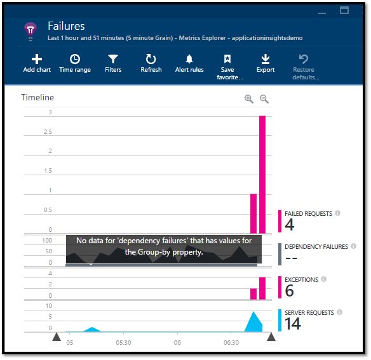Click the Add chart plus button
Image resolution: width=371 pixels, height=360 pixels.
coord(37,59)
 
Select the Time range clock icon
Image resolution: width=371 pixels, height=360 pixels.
coord(75,59)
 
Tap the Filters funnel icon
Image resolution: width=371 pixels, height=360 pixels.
coord(113,59)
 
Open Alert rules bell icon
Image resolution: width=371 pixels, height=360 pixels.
coord(189,59)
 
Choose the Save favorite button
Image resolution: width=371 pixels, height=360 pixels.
coord(227,59)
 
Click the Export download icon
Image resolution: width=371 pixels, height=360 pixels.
coord(266,59)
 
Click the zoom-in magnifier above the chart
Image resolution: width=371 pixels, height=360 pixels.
coord(249,99)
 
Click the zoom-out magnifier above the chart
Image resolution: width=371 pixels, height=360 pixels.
coord(264,99)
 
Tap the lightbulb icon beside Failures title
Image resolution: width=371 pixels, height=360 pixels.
coord(30,30)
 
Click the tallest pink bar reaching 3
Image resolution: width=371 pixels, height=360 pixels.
coord(262,175)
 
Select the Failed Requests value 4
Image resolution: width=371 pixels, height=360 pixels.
coord(290,225)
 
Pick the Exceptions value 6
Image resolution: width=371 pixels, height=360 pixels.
coord(290,290)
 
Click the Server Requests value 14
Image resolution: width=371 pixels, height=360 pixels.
coord(293,323)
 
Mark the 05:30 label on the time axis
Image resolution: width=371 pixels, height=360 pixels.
coord(123,342)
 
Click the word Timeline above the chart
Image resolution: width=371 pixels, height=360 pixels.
coord(37,98)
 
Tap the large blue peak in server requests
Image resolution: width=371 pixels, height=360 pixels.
coord(254,321)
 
